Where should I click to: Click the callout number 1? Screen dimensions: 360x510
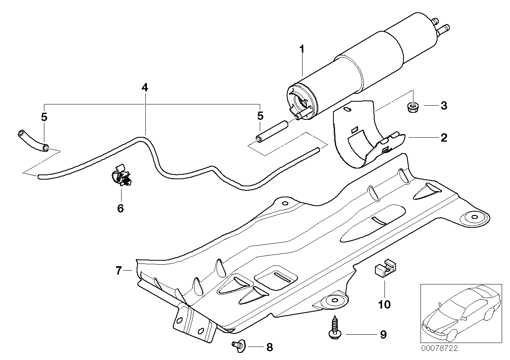(x=302, y=50)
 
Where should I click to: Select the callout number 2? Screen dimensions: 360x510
(x=443, y=138)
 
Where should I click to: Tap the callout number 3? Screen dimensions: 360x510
(x=443, y=106)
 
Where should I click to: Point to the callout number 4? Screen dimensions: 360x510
(x=145, y=87)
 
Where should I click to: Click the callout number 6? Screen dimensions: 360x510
(x=120, y=208)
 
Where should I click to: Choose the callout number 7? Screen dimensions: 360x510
(x=118, y=271)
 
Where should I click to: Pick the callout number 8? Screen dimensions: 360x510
(x=269, y=348)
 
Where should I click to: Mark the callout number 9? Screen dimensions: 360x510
(x=382, y=335)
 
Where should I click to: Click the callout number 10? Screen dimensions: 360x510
(x=384, y=304)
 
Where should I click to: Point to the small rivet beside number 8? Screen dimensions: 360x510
(x=238, y=345)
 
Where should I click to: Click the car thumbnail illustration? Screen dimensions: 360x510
(x=459, y=313)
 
